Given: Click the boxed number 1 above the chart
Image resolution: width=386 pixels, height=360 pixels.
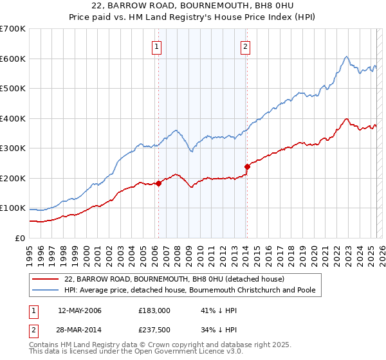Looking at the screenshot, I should (x=157, y=46).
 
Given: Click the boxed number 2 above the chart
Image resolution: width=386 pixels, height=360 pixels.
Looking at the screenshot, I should (x=246, y=46).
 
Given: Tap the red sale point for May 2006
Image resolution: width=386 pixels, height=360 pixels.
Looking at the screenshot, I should (x=158, y=183).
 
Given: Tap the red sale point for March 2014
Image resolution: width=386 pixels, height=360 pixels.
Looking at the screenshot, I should (x=247, y=166).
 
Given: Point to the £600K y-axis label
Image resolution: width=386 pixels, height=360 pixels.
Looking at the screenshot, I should (x=12, y=59).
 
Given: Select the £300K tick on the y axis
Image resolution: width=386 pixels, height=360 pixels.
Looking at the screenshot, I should (x=12, y=148).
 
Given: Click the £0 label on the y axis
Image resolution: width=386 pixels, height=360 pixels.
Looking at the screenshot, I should (x=19, y=238).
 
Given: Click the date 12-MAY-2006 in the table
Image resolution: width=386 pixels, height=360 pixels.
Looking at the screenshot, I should (x=79, y=310).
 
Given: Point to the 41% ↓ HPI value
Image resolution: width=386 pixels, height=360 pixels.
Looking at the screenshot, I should (x=210, y=310).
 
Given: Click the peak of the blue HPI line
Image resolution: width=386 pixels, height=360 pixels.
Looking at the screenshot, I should (x=346, y=57).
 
